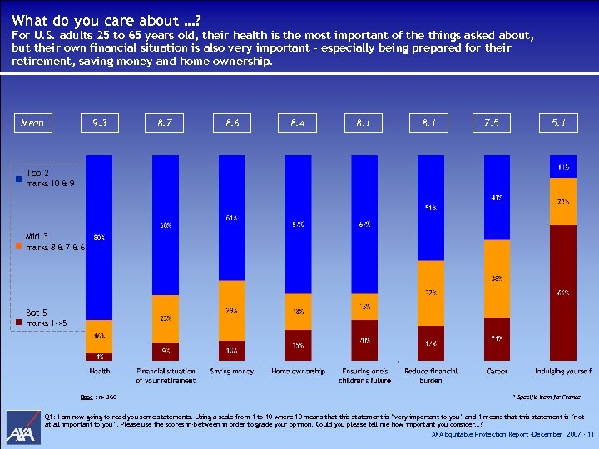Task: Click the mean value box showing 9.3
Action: point(99,123)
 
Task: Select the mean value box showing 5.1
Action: point(558,123)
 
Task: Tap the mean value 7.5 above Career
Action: point(491,123)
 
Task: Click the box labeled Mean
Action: point(32,123)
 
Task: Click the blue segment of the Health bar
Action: point(99,237)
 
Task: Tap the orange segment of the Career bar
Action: point(497,279)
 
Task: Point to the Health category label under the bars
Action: point(99,372)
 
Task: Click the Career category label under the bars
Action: point(497,372)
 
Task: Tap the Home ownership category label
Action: point(298,372)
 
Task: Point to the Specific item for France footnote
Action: point(547,398)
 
